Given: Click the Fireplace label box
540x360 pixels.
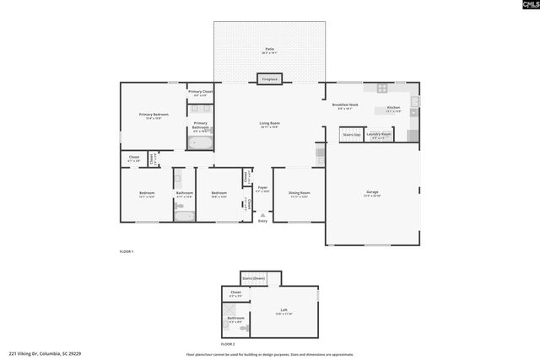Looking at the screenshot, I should click(269, 79).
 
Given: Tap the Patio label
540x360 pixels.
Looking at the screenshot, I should click(269, 51).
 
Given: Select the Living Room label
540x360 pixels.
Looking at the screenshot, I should click(269, 124).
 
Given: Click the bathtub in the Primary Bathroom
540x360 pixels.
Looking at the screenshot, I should click(201, 143).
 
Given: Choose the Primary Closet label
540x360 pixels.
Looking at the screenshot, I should click(200, 92).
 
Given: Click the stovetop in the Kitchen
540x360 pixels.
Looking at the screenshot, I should click(381, 88).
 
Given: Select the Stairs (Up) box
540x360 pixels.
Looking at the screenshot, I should click(351, 134).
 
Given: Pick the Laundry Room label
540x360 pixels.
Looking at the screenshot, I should click(379, 134).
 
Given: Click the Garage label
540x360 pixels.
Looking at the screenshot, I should click(371, 193).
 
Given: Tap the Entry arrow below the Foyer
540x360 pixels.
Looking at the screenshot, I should click(262, 216).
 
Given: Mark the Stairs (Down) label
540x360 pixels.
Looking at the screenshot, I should click(253, 277).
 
